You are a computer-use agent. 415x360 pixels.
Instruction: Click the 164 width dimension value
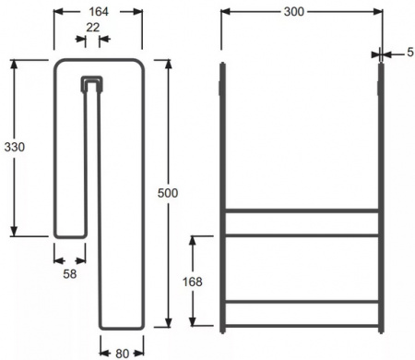pyautogui.click(x=99, y=12)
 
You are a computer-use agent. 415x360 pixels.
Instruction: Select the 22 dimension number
pyautogui.click(x=92, y=28)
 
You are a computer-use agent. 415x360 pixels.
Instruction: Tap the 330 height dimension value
pyautogui.click(x=15, y=147)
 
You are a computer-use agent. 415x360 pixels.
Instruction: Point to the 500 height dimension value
pyautogui.click(x=168, y=193)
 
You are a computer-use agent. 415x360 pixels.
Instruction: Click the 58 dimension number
pyautogui.click(x=70, y=274)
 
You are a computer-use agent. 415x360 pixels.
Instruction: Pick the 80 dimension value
pyautogui.click(x=122, y=354)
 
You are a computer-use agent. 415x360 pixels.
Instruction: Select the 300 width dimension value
pyautogui.click(x=294, y=12)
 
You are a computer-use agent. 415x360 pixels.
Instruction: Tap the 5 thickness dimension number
pyautogui.click(x=410, y=53)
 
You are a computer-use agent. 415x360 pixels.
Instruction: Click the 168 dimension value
pyautogui.click(x=193, y=282)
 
